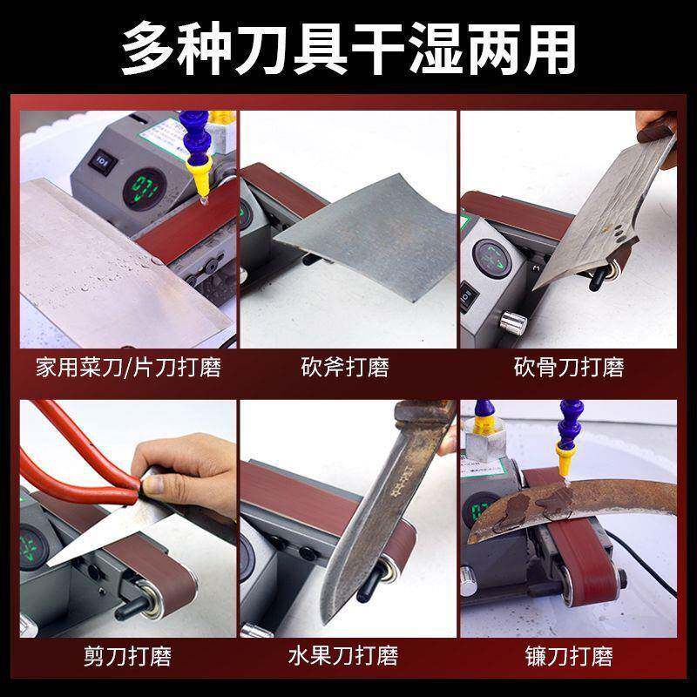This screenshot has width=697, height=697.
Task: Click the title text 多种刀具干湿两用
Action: point(348,48)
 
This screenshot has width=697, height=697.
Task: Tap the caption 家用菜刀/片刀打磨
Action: point(128,368)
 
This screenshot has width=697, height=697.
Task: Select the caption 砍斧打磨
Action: point(345,367)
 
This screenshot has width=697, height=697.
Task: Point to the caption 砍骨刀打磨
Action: point(569,367)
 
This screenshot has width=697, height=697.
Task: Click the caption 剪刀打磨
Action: point(128,656)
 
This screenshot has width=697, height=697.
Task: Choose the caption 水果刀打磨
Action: point(343,656)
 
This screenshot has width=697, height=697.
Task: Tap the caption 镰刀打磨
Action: point(569,656)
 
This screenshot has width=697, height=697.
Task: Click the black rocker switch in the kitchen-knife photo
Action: point(103,162)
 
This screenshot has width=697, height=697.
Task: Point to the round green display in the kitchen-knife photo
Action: point(145,189)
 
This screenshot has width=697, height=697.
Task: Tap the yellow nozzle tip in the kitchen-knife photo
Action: point(200,177)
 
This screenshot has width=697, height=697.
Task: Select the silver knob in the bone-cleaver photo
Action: point(513,323)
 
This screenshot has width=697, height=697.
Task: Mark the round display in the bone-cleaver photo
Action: point(492,259)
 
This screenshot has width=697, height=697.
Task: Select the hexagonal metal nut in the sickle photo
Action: point(484,443)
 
